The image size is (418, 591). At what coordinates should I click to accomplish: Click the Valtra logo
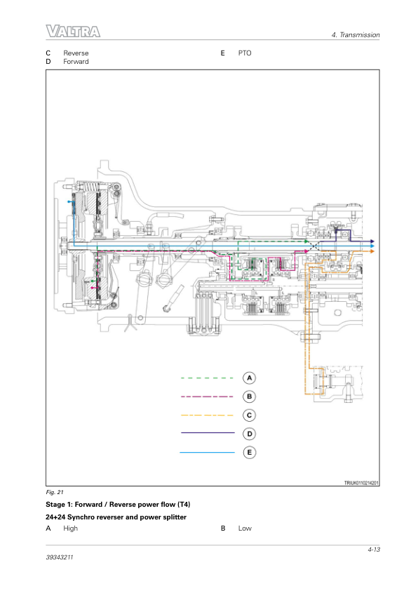(x=73, y=32)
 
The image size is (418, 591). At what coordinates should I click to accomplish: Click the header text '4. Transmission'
(x=356, y=34)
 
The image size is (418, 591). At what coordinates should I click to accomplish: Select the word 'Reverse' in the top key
(x=76, y=53)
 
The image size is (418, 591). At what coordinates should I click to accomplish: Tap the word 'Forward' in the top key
(x=76, y=62)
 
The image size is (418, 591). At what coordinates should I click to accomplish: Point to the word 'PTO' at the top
(x=244, y=53)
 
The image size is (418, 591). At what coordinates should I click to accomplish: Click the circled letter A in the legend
(x=249, y=378)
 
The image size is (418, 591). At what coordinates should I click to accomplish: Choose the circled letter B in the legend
(x=249, y=397)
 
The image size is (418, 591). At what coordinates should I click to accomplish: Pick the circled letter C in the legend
(x=249, y=416)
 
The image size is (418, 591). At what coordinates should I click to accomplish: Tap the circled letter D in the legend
(x=249, y=434)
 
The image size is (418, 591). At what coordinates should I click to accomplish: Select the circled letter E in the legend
(x=249, y=452)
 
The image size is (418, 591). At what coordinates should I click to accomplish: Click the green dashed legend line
(x=207, y=378)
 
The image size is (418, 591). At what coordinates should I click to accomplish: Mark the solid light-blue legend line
(x=207, y=452)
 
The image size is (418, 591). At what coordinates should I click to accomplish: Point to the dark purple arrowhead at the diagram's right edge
(x=372, y=241)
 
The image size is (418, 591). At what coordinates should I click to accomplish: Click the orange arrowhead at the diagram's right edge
(x=372, y=251)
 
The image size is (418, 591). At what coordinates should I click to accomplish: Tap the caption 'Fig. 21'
(x=55, y=492)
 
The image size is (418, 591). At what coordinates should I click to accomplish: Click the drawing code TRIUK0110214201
(x=361, y=483)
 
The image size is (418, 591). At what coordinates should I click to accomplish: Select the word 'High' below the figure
(x=70, y=529)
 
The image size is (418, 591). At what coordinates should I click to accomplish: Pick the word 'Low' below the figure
(x=245, y=529)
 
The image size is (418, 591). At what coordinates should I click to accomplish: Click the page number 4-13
(x=374, y=550)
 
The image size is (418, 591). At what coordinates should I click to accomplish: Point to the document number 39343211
(x=60, y=557)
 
